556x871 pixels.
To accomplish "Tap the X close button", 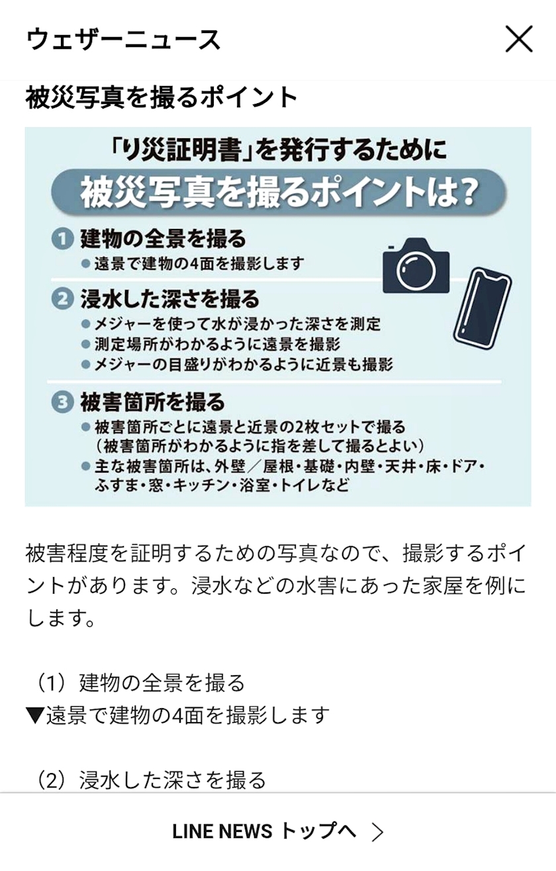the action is [519, 39].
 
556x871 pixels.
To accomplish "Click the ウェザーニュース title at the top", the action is [124, 39].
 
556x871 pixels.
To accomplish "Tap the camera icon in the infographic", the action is [416, 265].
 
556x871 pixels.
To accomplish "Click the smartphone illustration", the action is [483, 308].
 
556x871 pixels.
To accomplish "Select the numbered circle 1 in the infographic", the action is [63, 239].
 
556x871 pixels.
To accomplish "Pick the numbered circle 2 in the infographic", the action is [63, 299].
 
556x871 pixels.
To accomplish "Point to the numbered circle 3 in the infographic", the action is [63, 402].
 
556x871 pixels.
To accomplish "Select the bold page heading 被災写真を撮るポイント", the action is [162, 98].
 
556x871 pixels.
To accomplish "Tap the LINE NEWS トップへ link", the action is [264, 831].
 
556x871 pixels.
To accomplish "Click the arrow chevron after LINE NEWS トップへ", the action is [377, 832].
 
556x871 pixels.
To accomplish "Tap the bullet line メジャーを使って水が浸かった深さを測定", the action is [232, 324].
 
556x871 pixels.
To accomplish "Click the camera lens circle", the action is [416, 269].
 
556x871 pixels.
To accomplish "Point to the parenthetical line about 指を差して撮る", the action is [259, 445].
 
